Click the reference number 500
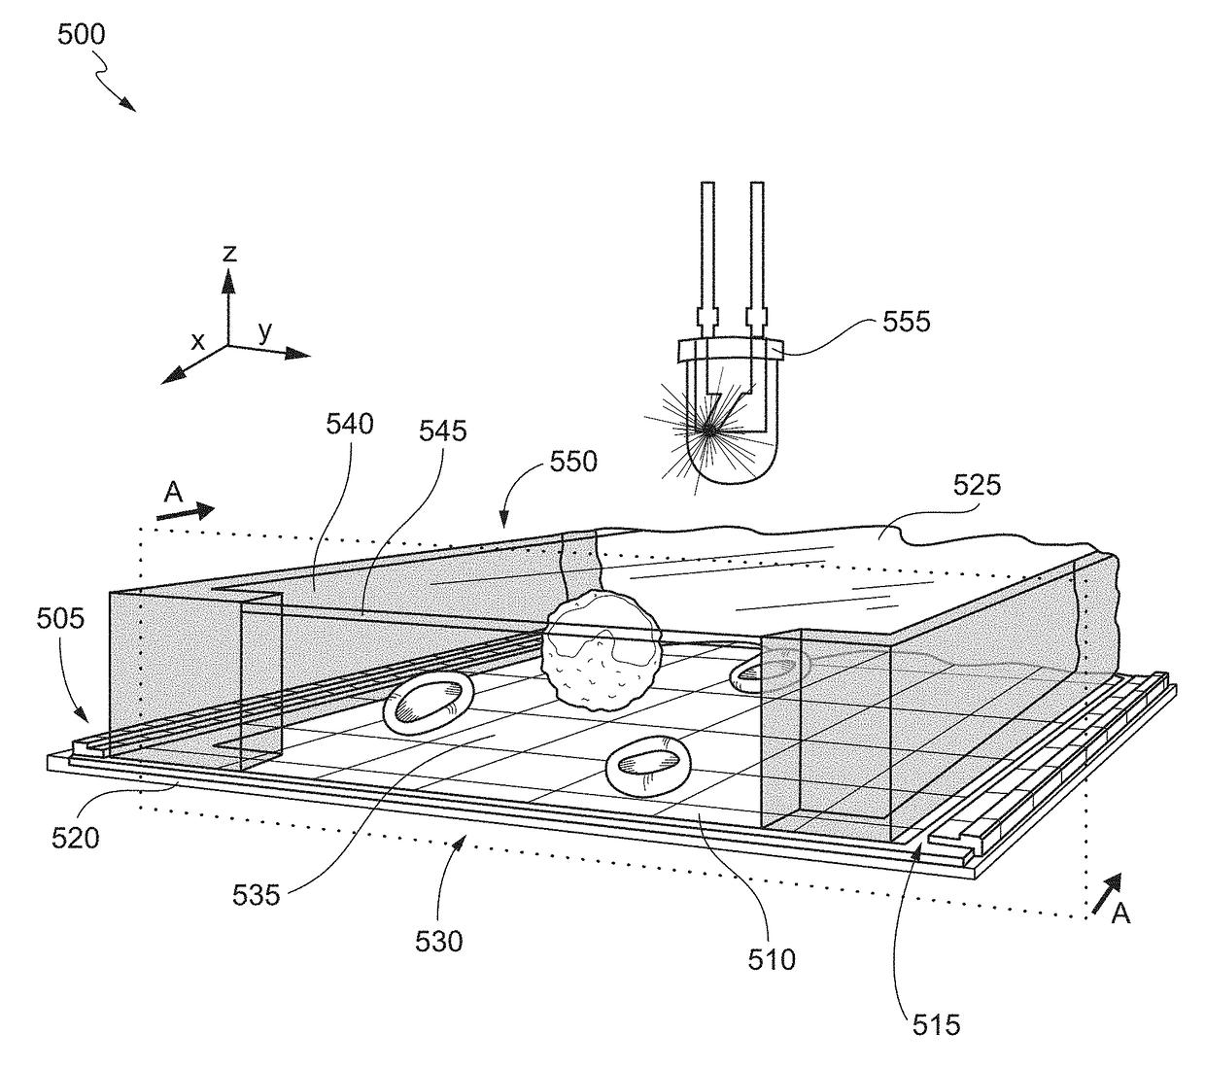pos(81,35)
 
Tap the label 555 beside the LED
pos(906,322)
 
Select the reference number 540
pos(350,424)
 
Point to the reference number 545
pos(442,431)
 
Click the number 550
pos(573,462)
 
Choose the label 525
pos(978,485)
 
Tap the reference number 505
pos(60,619)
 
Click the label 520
pos(76,838)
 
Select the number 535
pos(256,895)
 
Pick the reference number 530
pos(439,942)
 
